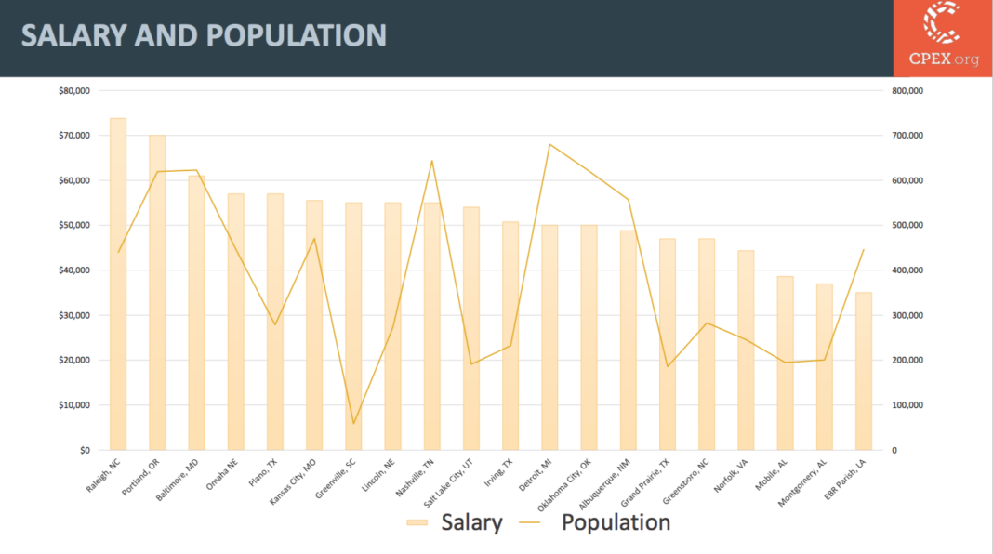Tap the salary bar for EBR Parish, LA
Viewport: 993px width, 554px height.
coord(864,372)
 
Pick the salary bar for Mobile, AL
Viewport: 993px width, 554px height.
coord(785,363)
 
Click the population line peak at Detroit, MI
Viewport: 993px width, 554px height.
coord(549,144)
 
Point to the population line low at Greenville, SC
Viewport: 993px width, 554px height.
coord(353,424)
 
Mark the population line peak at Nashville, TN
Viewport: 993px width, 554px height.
coord(431,161)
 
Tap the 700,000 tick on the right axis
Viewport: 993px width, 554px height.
coord(906,136)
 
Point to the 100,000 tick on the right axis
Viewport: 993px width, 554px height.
coord(906,405)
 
